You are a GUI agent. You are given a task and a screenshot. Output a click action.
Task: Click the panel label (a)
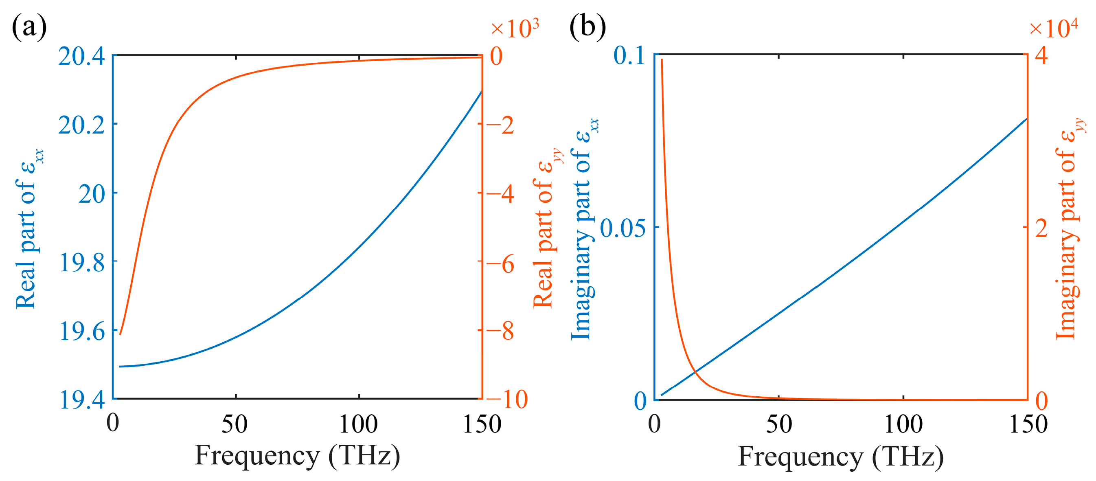29,27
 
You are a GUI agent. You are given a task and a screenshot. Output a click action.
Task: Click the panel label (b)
587,27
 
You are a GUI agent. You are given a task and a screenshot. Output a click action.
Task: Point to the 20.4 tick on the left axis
81,56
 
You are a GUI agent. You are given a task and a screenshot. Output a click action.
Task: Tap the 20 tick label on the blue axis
92,194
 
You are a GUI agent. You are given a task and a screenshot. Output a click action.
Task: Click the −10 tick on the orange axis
507,400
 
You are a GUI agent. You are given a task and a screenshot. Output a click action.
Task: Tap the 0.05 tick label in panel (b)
623,228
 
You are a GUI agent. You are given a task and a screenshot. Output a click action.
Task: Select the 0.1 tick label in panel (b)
630,56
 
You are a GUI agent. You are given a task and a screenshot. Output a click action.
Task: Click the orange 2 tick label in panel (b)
1041,228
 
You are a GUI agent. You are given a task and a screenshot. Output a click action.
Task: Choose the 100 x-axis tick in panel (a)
358,424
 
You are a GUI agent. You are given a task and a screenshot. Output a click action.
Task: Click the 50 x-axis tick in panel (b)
778,424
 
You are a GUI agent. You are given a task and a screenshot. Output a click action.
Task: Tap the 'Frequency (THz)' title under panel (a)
297,456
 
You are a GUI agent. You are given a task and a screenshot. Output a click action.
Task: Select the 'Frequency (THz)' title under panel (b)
840,457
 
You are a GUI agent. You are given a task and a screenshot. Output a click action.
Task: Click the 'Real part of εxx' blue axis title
29,230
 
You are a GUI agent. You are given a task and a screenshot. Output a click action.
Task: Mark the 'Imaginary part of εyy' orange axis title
1070,230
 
